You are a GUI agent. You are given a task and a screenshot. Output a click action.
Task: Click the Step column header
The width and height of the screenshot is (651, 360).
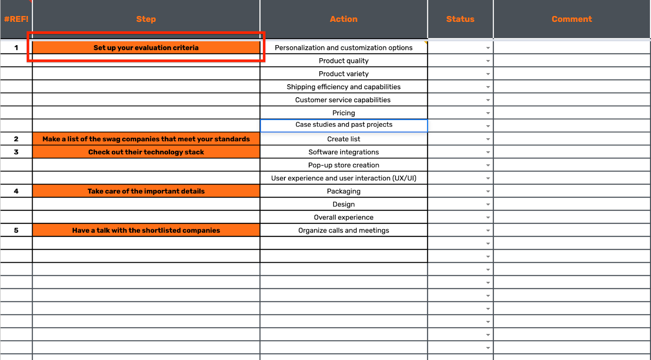tap(146, 19)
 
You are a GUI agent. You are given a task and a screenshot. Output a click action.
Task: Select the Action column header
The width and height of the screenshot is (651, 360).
tap(343, 19)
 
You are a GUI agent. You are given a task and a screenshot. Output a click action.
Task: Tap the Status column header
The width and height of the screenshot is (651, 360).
tap(460, 19)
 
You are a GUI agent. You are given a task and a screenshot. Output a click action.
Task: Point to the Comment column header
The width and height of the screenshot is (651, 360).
tap(572, 19)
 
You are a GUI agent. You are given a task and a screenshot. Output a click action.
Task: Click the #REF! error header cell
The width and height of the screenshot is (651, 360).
tap(16, 19)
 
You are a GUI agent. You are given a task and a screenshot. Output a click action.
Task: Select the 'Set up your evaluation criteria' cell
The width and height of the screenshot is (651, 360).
tap(146, 48)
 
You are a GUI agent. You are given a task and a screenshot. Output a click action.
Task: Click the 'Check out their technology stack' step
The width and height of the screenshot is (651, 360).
tap(146, 152)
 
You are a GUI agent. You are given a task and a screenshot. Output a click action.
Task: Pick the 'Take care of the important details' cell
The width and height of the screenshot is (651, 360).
tap(146, 191)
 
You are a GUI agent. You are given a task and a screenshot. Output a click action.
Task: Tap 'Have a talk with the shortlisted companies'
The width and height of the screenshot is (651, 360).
tap(146, 230)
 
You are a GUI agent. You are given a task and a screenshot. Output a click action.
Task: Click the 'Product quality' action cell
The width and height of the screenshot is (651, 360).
tap(343, 61)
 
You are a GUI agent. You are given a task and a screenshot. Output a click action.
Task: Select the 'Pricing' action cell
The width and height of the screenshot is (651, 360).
tap(343, 113)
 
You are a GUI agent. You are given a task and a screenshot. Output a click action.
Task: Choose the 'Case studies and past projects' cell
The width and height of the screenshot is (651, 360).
tap(343, 125)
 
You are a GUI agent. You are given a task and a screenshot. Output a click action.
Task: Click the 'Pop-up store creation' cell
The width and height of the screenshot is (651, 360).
tap(343, 165)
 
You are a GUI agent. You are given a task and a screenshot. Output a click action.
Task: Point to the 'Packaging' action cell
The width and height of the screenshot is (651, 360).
tap(343, 191)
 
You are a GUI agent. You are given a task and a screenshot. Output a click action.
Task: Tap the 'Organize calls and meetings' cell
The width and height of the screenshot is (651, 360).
tap(343, 230)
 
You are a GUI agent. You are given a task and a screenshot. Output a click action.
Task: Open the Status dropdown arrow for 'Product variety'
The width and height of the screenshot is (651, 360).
tap(488, 74)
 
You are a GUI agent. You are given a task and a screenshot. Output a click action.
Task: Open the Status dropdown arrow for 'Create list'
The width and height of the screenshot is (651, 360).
tap(488, 139)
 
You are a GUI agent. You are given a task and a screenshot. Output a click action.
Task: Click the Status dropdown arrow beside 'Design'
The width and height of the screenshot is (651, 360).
tap(488, 205)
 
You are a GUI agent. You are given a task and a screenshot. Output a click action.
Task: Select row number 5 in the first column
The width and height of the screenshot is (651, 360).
tap(16, 230)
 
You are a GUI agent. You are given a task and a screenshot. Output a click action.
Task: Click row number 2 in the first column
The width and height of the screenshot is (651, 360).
tap(16, 139)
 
